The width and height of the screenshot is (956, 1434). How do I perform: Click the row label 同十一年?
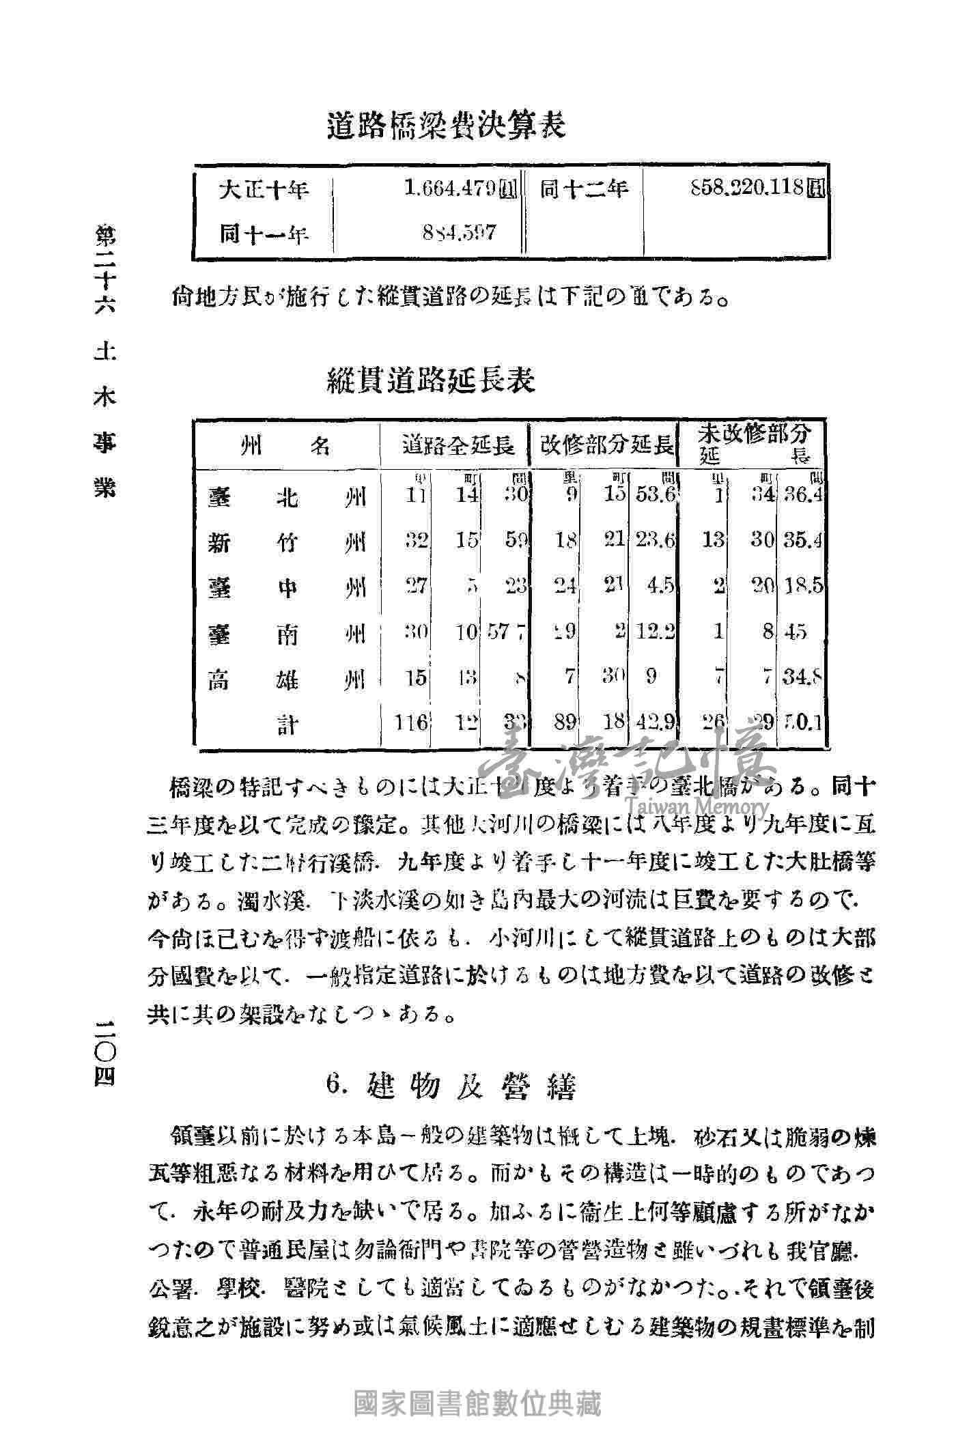click(263, 234)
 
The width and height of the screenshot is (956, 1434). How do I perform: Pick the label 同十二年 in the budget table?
click(584, 189)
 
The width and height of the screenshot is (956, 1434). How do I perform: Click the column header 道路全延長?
click(458, 447)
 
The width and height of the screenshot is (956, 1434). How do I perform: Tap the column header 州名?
click(286, 447)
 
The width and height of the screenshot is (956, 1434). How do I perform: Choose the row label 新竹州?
click(286, 543)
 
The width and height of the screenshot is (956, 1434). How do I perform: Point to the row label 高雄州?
click(286, 680)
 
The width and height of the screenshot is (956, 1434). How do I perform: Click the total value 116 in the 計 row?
click(412, 722)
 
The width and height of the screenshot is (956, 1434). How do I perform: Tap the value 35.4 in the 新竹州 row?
click(803, 541)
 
